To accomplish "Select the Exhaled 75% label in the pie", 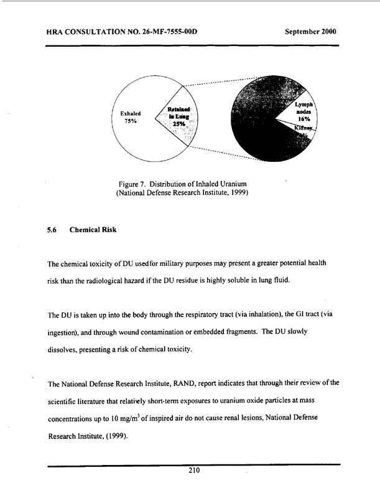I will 131,118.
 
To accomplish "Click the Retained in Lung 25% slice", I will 178,116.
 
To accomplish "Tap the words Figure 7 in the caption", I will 134,183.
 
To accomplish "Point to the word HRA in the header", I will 57,31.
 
